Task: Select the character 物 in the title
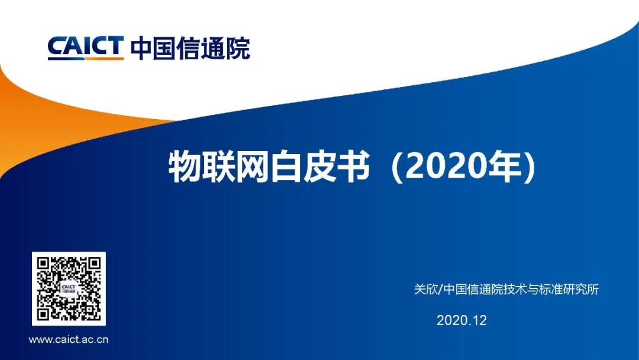185,166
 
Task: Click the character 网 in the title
253,166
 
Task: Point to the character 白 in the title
286,166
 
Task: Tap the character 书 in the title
354,166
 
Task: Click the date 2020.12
461,320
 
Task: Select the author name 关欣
425,289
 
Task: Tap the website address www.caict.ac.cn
69,340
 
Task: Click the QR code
69,289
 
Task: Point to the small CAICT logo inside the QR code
69,289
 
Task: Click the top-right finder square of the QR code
93,263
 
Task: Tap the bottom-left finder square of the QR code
44,314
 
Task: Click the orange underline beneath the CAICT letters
86,59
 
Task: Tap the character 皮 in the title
320,166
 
